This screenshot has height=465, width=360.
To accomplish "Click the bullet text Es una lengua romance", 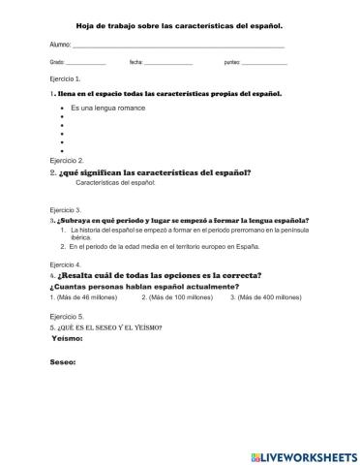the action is point(107,108).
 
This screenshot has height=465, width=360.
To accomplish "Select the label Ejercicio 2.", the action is point(66,160).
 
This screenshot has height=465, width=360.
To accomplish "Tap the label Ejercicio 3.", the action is point(66,209).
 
